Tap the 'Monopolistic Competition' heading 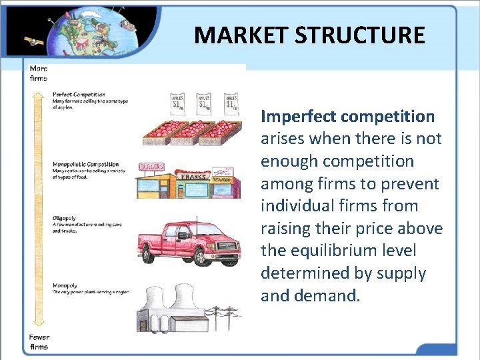coord(86,164)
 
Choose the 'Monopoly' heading coord(65,285)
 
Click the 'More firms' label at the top coord(38,73)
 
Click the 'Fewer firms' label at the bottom coord(39,341)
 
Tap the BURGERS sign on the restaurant coord(151,167)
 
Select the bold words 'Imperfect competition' coord(347,117)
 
